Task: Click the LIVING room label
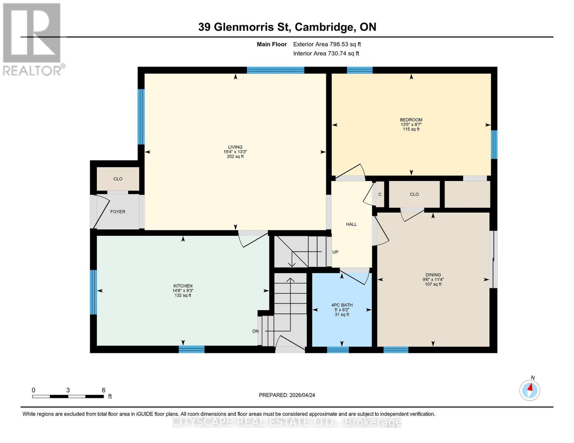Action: coord(235,147)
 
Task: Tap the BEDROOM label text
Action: coord(411,120)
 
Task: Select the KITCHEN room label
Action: coord(183,286)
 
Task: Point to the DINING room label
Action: coord(433,275)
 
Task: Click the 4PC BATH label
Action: coord(342,305)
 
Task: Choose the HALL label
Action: coord(351,224)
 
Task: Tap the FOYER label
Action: coord(118,212)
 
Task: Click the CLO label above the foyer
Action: coord(118,179)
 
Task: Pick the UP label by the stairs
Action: coord(336,252)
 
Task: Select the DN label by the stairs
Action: coord(255,331)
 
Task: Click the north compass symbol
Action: coord(530,389)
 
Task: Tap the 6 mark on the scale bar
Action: coord(104,390)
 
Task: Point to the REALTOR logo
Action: coord(32,39)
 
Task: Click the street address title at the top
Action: coord(287,27)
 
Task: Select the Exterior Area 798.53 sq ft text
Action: coord(327,44)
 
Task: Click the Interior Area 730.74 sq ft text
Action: coord(326,54)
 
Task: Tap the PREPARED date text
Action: coord(287,395)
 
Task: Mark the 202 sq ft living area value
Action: coord(235,157)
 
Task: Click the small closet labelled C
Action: coord(380,194)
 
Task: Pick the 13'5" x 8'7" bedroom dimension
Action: coord(411,124)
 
